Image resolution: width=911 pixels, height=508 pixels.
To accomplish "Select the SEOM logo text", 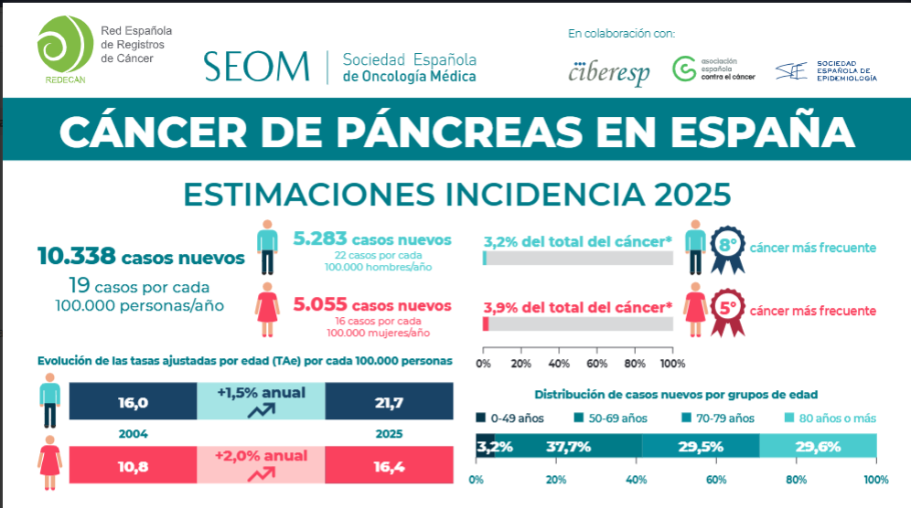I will click(257, 66).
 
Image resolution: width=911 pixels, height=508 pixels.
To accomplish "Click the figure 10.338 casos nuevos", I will click(141, 257).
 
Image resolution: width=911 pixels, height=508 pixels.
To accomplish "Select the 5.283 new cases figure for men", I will click(372, 239).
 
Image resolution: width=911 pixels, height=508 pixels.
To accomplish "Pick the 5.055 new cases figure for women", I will click(372, 305).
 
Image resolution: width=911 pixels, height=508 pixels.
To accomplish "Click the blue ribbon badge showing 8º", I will click(727, 248).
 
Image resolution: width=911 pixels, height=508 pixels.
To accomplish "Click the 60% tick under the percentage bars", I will click(596, 364).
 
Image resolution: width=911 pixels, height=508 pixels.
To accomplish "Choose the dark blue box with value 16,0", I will click(134, 402).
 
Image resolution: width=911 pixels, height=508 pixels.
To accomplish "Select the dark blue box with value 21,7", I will click(389, 402).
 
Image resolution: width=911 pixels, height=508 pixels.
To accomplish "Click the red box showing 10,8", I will click(134, 465).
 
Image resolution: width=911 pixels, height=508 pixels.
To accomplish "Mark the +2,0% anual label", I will click(262, 456).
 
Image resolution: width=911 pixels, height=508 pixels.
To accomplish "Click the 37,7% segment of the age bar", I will click(568, 447).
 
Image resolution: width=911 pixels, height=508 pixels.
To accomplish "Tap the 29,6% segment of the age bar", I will click(818, 447).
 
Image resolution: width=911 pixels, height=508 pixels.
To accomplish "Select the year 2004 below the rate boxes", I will click(134, 434).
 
